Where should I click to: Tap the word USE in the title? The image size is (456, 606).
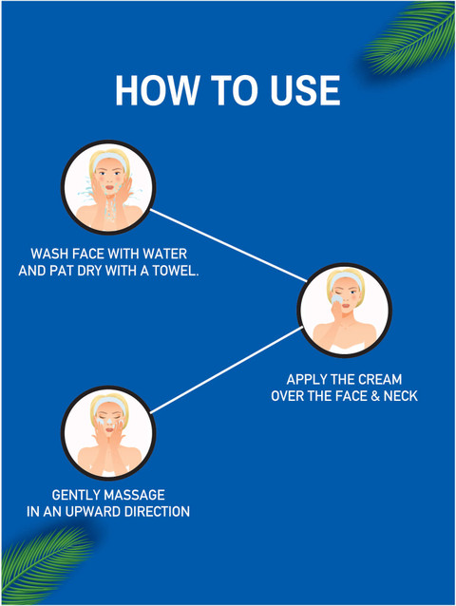(305, 90)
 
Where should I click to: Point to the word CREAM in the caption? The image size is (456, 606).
(380, 380)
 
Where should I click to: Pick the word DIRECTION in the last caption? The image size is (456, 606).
(157, 512)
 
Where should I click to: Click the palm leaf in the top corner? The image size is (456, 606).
(410, 37)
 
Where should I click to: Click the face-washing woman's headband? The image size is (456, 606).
(110, 159)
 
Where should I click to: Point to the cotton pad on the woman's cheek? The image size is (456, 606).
(336, 299)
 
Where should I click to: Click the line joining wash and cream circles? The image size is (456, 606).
(228, 246)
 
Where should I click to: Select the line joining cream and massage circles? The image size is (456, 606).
(226, 369)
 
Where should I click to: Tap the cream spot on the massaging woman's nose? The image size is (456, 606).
(109, 420)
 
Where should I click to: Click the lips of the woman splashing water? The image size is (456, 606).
(110, 187)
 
